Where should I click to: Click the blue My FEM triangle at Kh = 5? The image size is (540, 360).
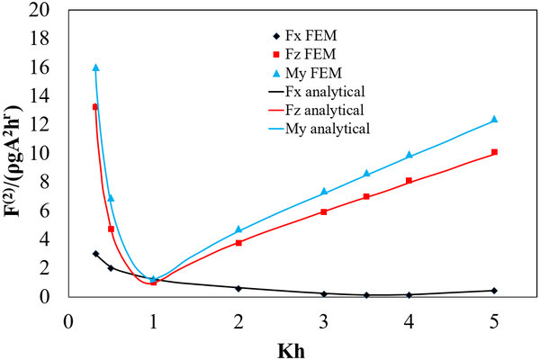pyautogui.click(x=494, y=120)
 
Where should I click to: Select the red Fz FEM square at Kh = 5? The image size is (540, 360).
pyautogui.click(x=494, y=152)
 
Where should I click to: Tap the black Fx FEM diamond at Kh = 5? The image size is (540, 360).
pyautogui.click(x=494, y=291)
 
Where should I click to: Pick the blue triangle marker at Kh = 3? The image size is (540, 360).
pyautogui.click(x=323, y=192)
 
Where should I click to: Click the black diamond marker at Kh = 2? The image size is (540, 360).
pyautogui.click(x=238, y=288)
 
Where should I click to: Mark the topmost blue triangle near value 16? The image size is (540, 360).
pyautogui.click(x=95, y=67)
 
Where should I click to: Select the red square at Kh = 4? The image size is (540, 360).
pyautogui.click(x=409, y=181)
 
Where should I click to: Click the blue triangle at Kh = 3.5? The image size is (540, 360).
pyautogui.click(x=366, y=174)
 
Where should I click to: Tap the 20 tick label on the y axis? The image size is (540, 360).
pyautogui.click(x=50, y=10)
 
